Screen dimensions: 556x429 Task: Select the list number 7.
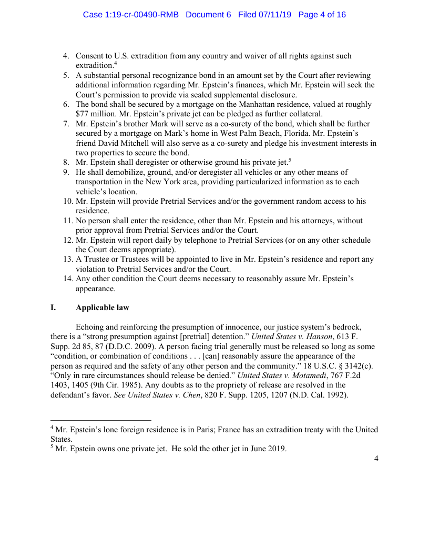pos(66,124)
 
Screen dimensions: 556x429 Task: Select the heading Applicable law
pos(102,307)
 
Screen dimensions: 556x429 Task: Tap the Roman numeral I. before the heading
pos(53,307)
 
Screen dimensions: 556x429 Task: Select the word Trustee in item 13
pos(96,260)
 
